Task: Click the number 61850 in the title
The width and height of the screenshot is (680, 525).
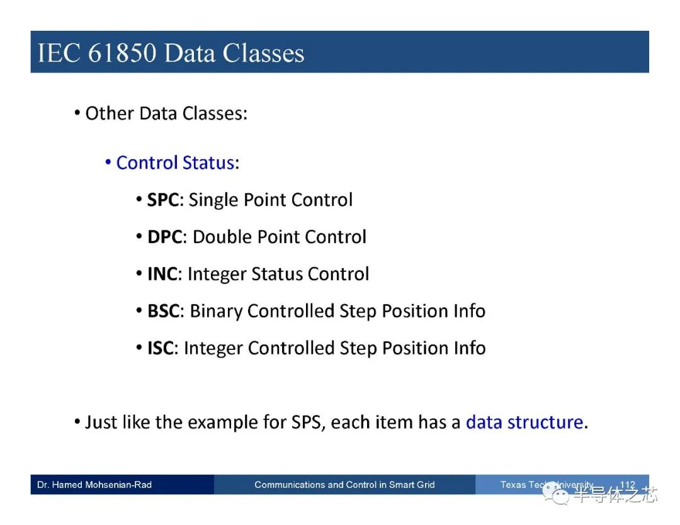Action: tap(122, 53)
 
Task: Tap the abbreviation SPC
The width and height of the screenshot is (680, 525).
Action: tap(163, 200)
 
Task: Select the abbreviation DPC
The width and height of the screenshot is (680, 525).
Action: tap(165, 237)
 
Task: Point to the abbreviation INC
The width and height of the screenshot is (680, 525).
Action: tap(162, 274)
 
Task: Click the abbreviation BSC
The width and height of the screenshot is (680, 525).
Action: tap(164, 311)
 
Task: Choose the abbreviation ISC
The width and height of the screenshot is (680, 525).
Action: tap(161, 348)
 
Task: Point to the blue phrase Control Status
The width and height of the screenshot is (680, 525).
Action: tap(175, 163)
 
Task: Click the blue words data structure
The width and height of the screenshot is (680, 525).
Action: tap(524, 422)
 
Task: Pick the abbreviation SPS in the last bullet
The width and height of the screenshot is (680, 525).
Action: tap(307, 422)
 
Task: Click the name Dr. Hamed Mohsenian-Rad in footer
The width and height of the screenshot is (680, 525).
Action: tap(94, 485)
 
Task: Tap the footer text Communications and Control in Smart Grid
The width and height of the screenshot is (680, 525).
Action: tap(344, 485)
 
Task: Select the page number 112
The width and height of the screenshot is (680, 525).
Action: tap(628, 484)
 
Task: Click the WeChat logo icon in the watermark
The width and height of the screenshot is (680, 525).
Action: tap(556, 494)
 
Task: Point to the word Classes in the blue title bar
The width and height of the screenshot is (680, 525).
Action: tap(263, 53)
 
